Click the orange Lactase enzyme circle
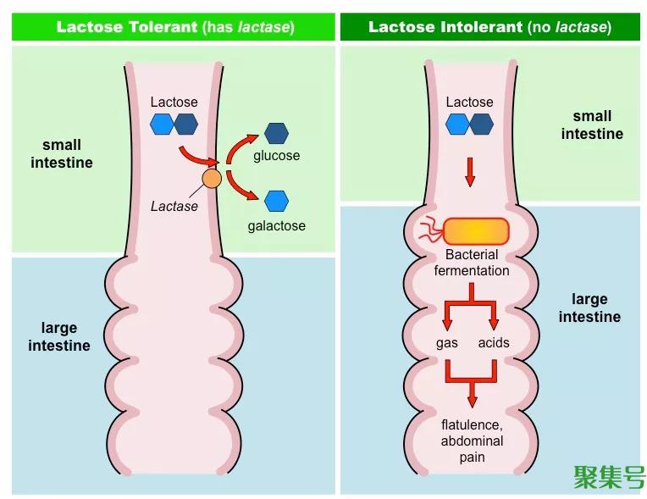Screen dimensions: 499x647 212,179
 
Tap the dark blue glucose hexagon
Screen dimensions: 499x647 276,133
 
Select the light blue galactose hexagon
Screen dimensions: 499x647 276,201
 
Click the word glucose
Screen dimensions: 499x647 276,156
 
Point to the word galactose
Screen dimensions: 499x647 276,226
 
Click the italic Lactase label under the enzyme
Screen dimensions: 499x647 174,206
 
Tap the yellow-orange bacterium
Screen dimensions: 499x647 476,231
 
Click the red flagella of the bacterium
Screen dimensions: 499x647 429,229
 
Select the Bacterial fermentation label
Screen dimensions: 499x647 472,263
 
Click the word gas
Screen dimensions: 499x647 446,343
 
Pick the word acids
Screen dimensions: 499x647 494,343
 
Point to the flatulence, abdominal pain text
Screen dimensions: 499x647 472,441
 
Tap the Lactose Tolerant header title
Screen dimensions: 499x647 175,27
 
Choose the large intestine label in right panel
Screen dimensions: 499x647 589,308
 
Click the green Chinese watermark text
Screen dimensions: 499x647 609,476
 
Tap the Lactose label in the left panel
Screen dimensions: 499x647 174,102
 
